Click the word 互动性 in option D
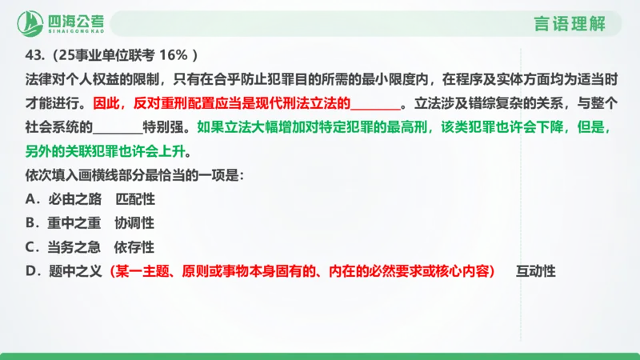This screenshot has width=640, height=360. (536, 270)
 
